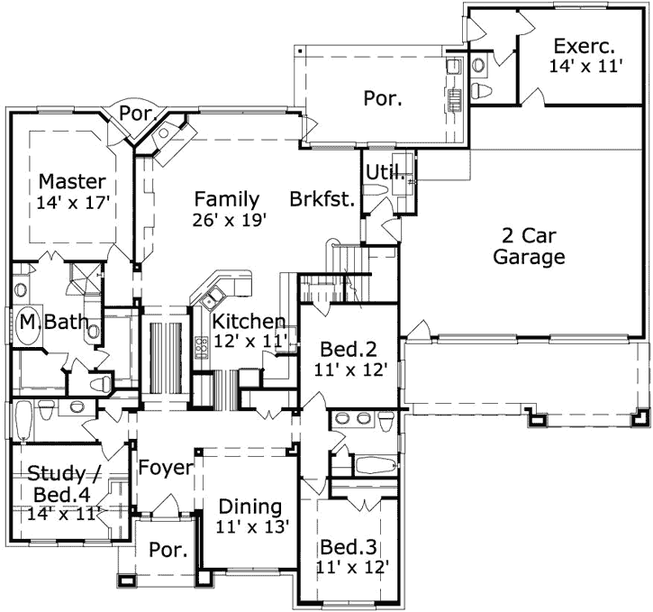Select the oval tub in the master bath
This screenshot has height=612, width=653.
pos(28,328)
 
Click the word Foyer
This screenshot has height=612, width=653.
pos(165,468)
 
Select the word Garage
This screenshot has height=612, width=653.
pos(533,258)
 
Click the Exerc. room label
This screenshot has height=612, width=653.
pos(584,45)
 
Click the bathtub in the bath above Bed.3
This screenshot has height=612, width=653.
pos(370,467)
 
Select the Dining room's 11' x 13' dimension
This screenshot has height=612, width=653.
pos(251,527)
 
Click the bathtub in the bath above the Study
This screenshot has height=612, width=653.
pos(24,422)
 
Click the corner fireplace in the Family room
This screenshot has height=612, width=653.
pos(168,140)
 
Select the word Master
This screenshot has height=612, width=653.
pos(71,181)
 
